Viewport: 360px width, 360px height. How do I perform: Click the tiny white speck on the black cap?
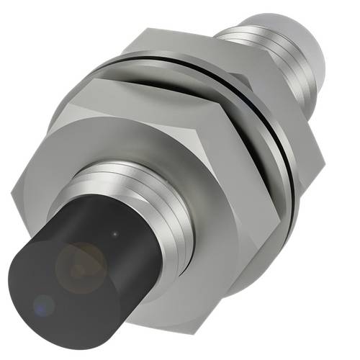(115, 234)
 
